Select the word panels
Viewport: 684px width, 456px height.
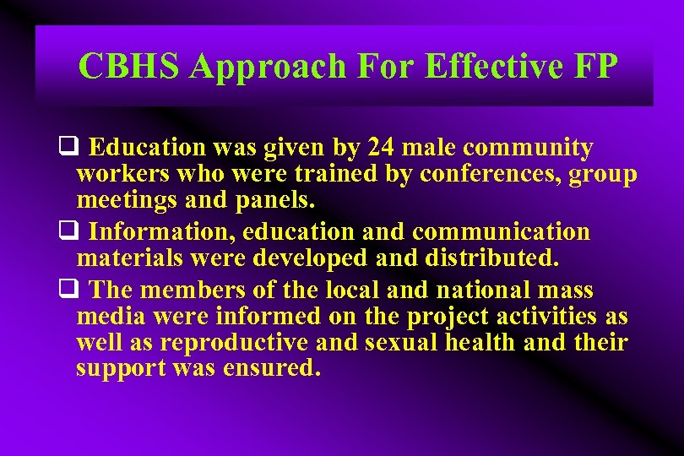pyautogui.click(x=274, y=201)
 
